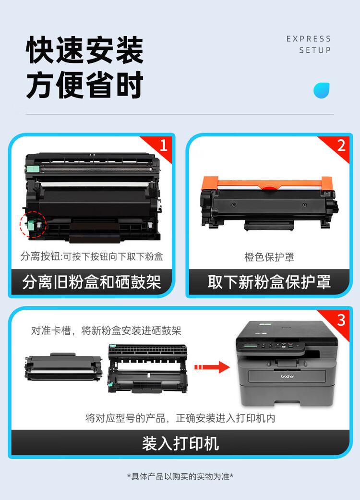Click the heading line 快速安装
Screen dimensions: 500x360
[x=85, y=50]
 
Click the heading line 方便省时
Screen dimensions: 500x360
[x=85, y=85]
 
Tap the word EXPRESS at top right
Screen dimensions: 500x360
[x=309, y=39]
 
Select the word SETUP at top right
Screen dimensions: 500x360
[x=315, y=50]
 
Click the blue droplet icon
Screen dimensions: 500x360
[x=321, y=90]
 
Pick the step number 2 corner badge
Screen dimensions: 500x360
[x=341, y=145]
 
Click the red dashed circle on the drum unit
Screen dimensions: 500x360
[x=32, y=224]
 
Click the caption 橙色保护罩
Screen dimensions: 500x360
[x=269, y=257]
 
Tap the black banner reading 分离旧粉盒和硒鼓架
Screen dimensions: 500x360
[x=91, y=282]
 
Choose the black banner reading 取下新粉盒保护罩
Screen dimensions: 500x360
[x=269, y=282]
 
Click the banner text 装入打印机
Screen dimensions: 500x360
[x=180, y=443]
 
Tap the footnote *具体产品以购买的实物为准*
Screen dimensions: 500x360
[x=180, y=476]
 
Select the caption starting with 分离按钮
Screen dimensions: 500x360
[x=92, y=256]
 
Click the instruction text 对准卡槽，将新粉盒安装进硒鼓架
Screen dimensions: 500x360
[x=106, y=330]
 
